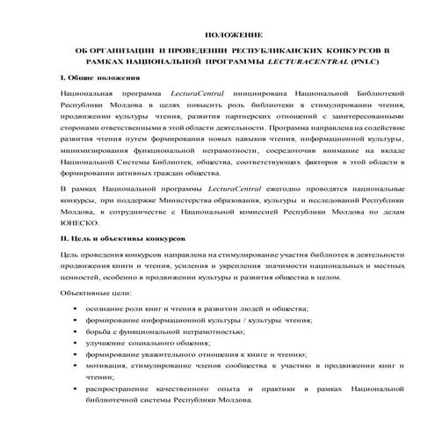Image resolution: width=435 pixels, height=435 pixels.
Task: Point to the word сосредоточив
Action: point(276,149)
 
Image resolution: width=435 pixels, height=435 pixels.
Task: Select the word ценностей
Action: point(74,275)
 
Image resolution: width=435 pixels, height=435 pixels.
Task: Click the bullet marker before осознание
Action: point(76,309)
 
